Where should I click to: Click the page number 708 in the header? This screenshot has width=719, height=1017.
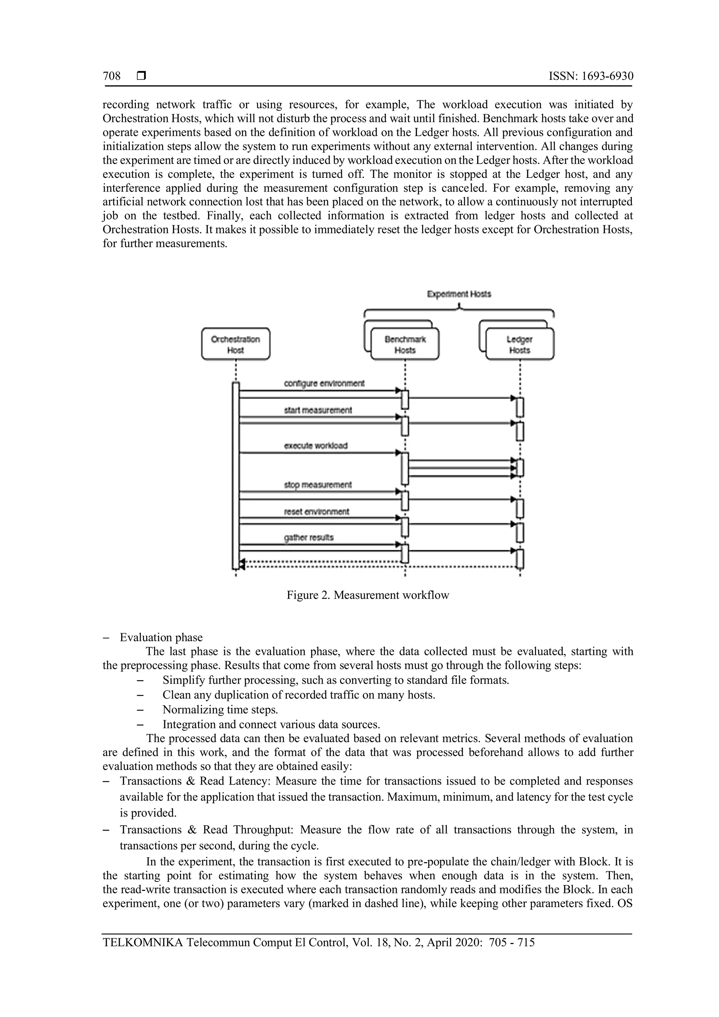112,76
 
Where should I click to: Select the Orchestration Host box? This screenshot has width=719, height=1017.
236,344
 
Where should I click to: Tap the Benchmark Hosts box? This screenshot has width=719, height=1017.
405,344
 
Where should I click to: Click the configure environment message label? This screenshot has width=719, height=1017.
324,383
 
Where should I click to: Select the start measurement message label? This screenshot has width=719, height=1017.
318,411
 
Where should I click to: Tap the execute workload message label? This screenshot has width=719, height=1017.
316,446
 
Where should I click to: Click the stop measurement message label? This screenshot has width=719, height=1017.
318,485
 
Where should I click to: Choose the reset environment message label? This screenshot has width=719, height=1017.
317,512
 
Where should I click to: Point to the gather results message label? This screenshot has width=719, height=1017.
309,538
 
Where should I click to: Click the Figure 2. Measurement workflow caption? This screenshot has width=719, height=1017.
368,595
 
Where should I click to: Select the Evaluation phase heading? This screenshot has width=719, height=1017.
161,637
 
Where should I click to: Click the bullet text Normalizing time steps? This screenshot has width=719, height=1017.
220,710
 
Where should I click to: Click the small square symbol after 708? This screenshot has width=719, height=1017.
142,76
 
